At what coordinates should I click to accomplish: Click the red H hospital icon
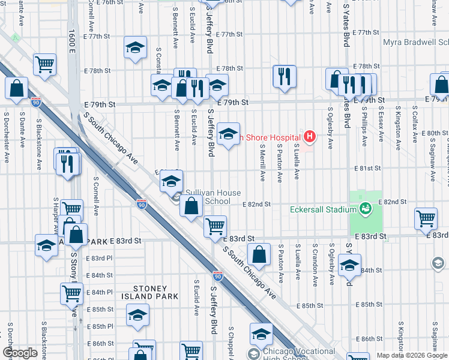[x=309, y=137]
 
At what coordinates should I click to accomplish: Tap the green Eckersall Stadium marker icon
[x=364, y=208]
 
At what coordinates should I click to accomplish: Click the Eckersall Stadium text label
[x=324, y=210]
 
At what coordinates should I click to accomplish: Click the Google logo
[x=20, y=352]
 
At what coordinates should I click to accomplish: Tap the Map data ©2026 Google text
[x=411, y=355]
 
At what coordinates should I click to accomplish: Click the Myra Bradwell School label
[x=415, y=43]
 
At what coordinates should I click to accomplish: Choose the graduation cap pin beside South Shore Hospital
[x=228, y=134]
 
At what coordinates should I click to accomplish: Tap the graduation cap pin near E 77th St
[x=136, y=47]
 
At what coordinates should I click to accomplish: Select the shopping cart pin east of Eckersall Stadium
[x=426, y=218]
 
